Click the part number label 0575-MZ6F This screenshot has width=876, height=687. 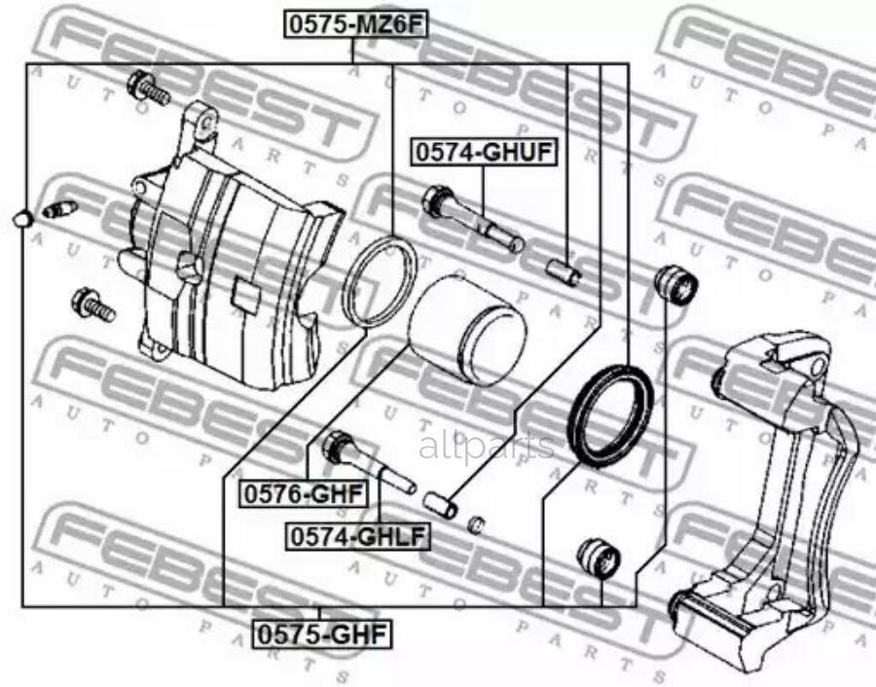[x=354, y=25]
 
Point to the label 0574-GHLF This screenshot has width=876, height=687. [x=356, y=535]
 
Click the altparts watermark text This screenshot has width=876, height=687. [x=486, y=447]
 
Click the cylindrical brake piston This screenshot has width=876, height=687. [x=466, y=331]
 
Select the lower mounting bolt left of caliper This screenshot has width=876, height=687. [x=93, y=305]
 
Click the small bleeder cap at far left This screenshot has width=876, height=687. [x=22, y=220]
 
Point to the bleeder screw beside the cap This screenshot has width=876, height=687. [x=60, y=209]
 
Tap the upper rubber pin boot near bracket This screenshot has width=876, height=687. [x=677, y=282]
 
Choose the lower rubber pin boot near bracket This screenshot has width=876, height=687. [x=598, y=558]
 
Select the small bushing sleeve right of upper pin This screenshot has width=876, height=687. [x=563, y=271]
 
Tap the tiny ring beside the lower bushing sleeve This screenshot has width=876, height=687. [x=476, y=524]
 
